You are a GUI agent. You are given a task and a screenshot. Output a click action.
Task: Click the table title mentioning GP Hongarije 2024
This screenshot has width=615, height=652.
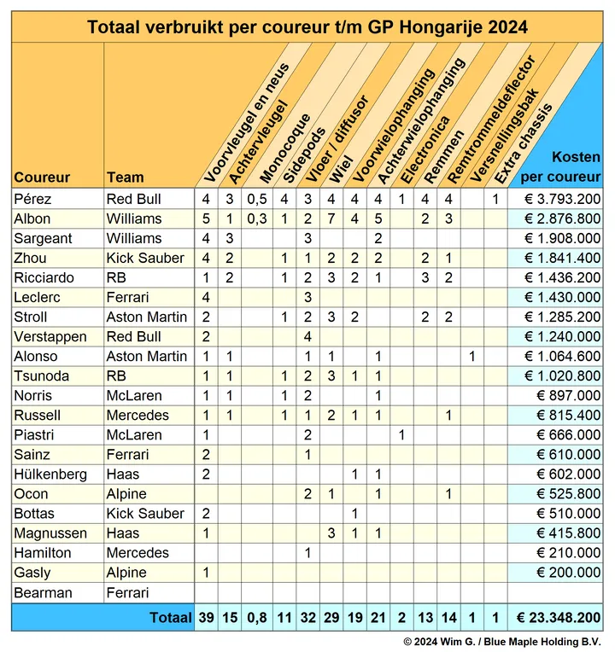click(307, 27)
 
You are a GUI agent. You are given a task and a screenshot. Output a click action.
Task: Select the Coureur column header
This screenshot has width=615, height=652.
click(42, 178)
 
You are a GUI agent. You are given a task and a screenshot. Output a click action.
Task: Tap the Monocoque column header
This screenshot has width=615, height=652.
click(285, 148)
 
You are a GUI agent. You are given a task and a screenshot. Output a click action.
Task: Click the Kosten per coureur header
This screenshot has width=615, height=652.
click(560, 166)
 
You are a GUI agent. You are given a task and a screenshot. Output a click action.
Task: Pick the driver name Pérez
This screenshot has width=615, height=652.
click(32, 199)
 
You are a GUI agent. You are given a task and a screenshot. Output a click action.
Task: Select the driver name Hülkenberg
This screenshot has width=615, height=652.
click(50, 474)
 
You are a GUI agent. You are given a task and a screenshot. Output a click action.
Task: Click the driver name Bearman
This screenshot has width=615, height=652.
click(43, 592)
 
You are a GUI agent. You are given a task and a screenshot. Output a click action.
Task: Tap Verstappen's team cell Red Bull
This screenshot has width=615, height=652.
click(133, 336)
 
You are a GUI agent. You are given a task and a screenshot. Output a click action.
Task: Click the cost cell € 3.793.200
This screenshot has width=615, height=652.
click(563, 199)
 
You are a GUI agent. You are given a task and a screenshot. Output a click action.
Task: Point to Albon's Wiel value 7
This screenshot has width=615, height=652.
click(331, 218)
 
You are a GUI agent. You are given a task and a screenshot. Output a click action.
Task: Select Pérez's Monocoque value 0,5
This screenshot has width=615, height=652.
click(257, 199)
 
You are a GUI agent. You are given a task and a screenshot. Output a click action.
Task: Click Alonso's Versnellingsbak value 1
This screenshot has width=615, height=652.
click(472, 357)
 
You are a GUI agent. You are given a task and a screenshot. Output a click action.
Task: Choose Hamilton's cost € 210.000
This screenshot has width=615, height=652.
click(568, 553)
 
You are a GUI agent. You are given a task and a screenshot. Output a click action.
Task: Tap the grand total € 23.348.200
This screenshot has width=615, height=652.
click(559, 618)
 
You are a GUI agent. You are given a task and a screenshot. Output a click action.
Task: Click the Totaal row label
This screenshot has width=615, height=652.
click(171, 618)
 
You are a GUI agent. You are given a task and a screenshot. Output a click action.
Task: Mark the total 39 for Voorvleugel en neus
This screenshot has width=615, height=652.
click(207, 618)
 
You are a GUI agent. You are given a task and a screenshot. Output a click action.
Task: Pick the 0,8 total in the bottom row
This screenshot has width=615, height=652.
click(257, 618)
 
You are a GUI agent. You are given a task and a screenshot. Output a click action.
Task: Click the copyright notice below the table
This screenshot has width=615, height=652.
click(502, 642)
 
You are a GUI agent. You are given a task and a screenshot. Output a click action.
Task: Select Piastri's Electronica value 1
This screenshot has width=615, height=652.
click(401, 435)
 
